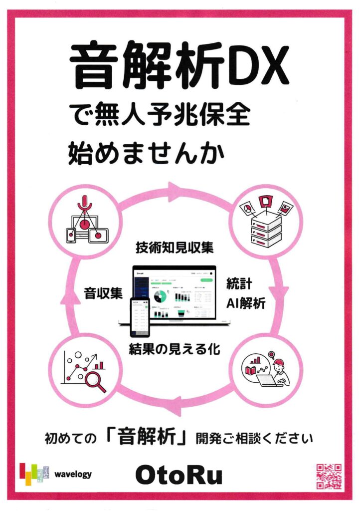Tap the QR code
[329, 476]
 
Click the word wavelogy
[74, 474]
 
